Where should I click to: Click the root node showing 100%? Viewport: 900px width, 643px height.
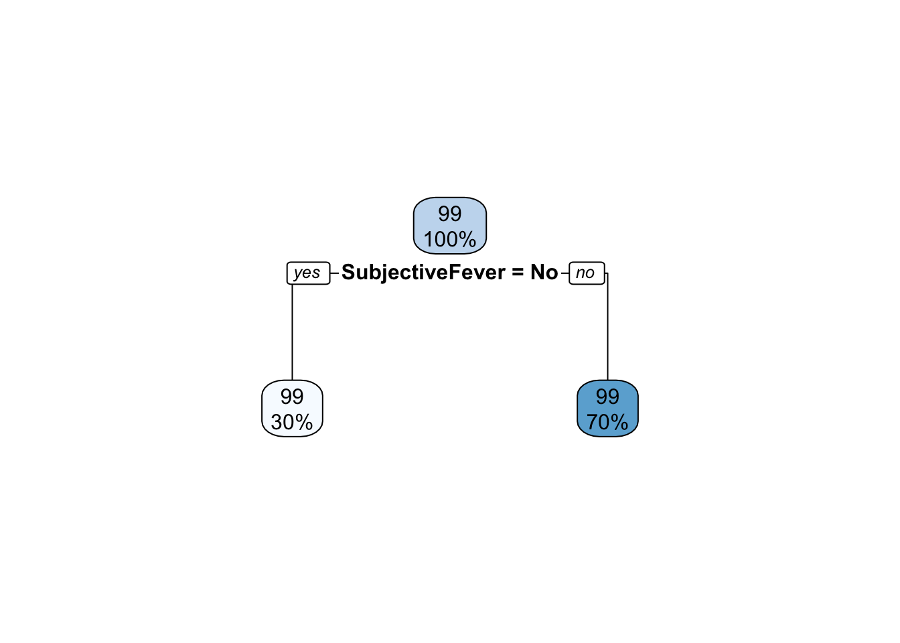(450, 226)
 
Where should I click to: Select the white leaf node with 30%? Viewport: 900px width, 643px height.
(292, 409)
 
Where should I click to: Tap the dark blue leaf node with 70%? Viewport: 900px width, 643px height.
(607, 409)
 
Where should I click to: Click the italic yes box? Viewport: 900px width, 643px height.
(308, 273)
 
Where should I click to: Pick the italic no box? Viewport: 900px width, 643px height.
(587, 273)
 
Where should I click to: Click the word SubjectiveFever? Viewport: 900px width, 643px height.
(423, 273)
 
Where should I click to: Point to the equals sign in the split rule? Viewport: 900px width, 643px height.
(518, 273)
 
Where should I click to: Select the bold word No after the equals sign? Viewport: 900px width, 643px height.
(544, 273)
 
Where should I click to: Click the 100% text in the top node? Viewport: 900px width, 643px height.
(450, 240)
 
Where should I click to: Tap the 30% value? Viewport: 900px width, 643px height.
(292, 423)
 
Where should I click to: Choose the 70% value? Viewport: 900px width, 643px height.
(607, 423)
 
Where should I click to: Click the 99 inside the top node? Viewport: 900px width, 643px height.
(450, 214)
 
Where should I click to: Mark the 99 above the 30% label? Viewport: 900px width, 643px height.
(292, 397)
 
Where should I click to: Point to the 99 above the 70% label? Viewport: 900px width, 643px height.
(607, 397)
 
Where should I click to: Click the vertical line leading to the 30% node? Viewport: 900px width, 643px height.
(292, 332)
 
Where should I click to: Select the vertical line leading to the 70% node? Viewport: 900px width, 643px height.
(607, 326)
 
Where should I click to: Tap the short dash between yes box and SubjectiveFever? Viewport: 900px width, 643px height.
(334, 273)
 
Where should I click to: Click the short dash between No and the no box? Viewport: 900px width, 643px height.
(565, 273)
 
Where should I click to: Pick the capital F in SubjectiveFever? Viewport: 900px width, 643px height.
(454, 272)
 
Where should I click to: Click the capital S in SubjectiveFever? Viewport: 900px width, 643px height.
(348, 272)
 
